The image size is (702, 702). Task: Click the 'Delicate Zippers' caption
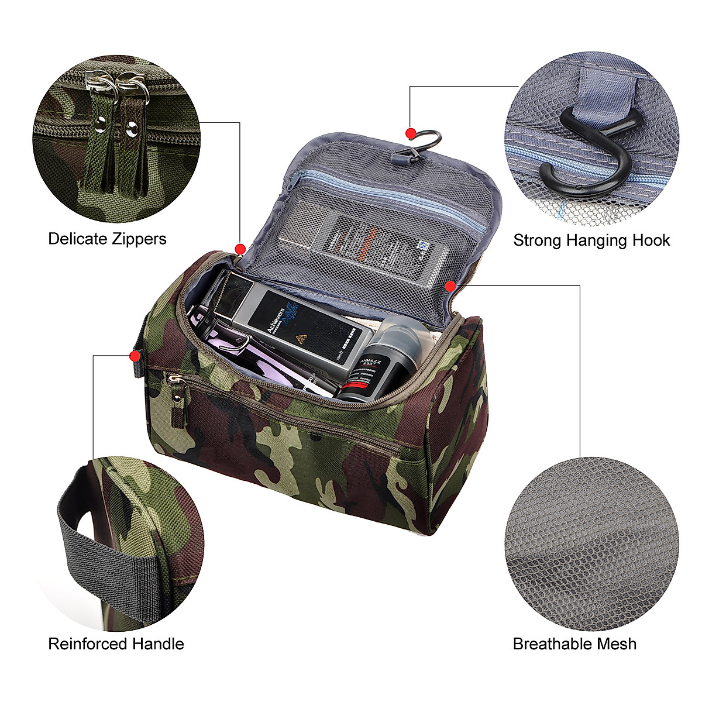(107, 239)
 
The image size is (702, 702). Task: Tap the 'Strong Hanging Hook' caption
(591, 240)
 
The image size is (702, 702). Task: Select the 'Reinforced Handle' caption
(116, 644)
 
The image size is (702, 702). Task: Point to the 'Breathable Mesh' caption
(574, 644)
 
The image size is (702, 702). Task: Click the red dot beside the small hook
(411, 134)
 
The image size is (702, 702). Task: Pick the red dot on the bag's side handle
(135, 355)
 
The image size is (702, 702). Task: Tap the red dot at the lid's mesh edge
(450, 286)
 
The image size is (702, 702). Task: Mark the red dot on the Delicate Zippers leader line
(240, 249)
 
